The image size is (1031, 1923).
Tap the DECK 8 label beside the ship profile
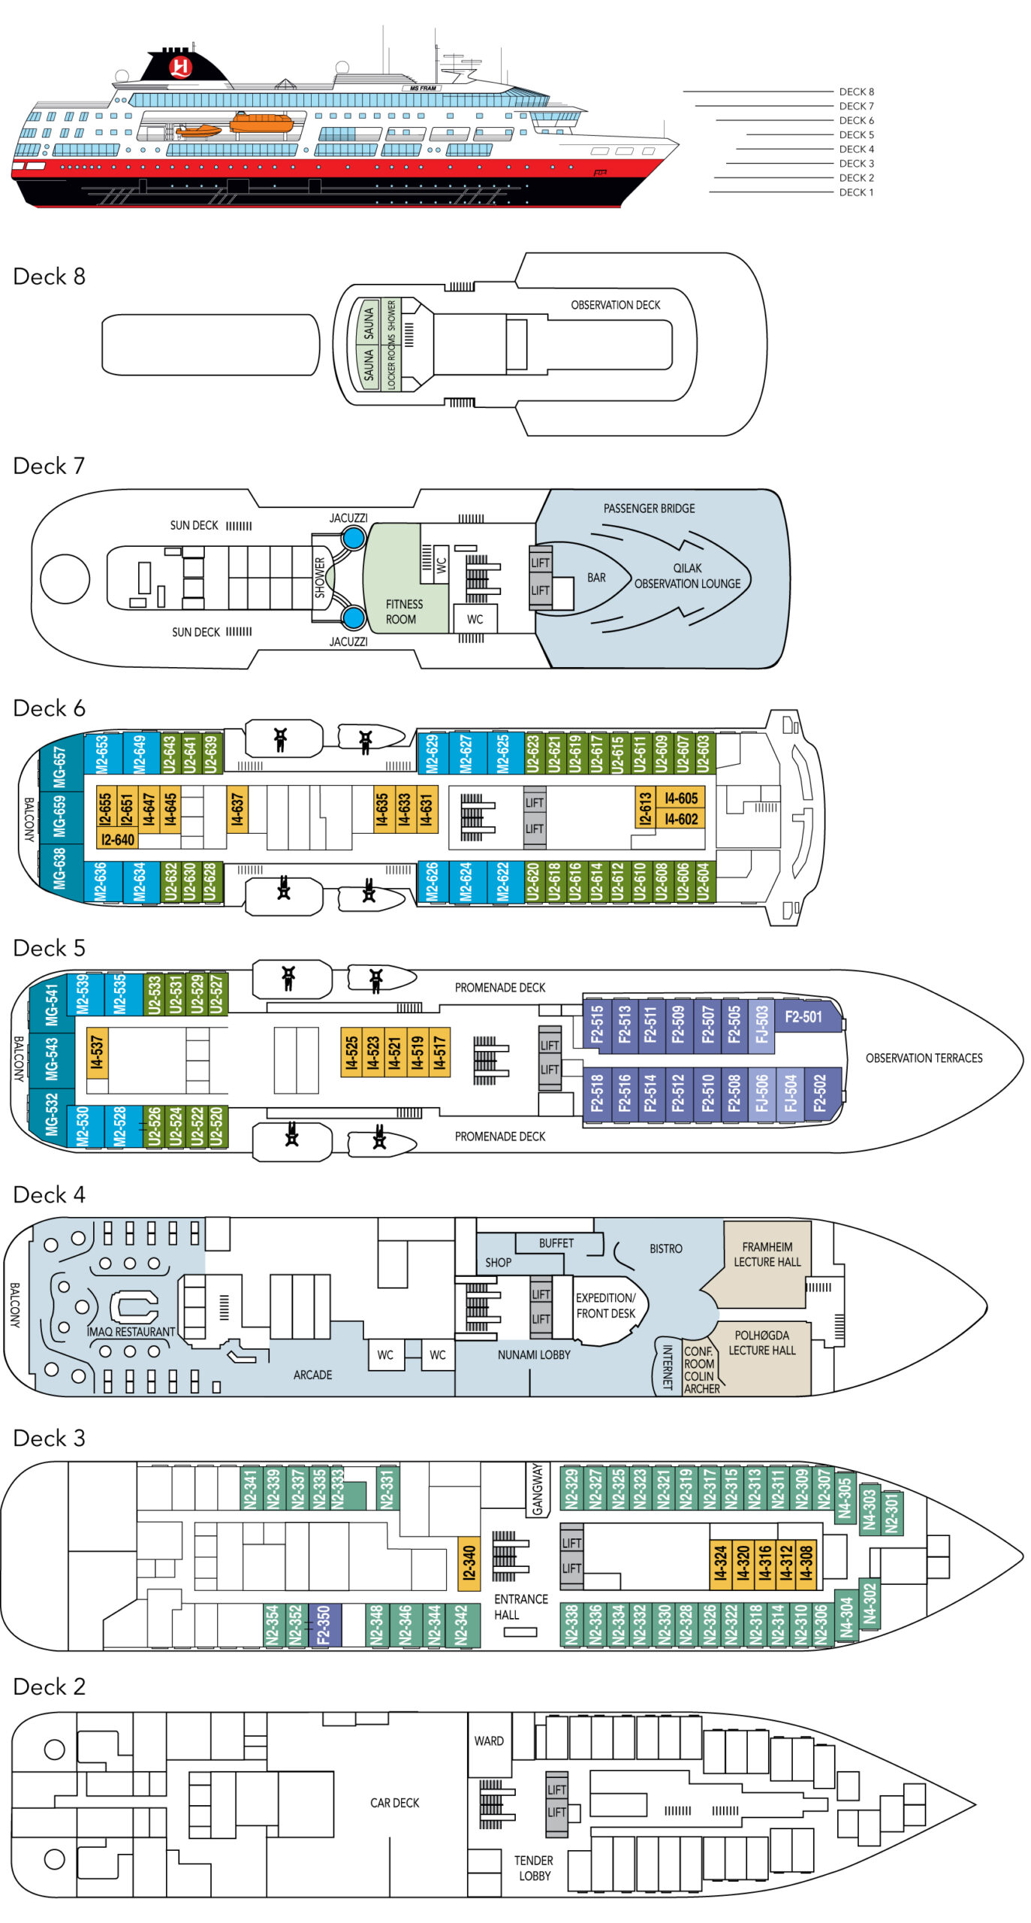(856, 92)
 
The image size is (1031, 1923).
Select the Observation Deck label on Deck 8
(615, 305)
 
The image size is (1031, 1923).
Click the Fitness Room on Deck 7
(403, 611)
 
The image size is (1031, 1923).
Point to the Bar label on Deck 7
(596, 578)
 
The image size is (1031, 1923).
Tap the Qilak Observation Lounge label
(687, 576)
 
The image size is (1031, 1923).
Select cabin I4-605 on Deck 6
(681, 798)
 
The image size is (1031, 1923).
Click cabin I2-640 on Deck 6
(117, 840)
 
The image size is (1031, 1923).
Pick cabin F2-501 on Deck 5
(803, 1016)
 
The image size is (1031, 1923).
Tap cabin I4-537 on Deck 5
(97, 1052)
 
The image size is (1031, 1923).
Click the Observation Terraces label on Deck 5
(924, 1058)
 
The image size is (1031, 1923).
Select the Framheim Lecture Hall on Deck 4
(767, 1254)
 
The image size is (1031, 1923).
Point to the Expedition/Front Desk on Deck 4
(605, 1306)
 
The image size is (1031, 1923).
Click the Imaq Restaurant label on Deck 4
(131, 1332)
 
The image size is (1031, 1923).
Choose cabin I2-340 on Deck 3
(469, 1563)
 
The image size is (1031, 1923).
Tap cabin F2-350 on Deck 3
(324, 1625)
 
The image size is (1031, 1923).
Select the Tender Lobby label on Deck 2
(533, 1868)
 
